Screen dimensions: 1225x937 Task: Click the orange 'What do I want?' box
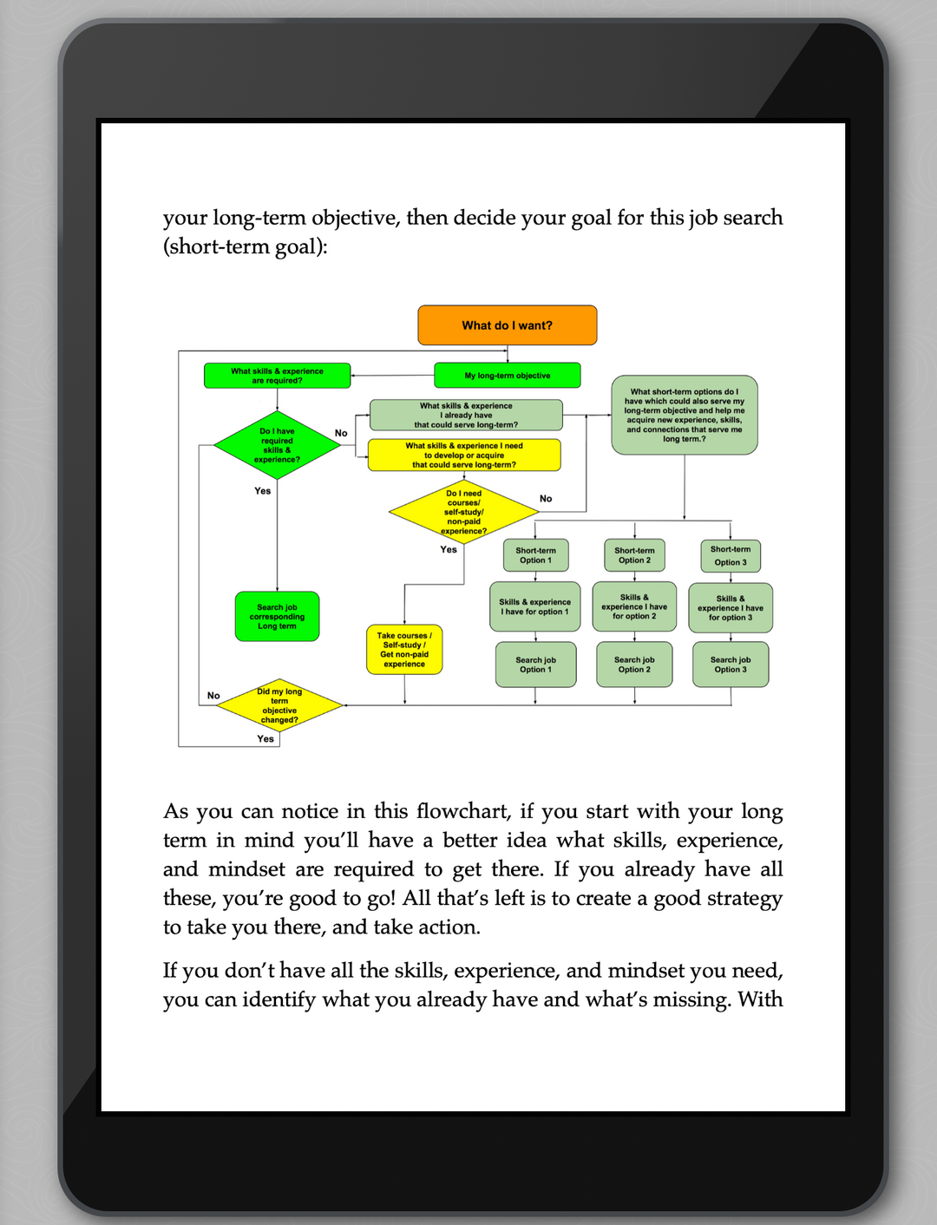(x=507, y=325)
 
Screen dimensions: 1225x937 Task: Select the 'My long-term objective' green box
(x=507, y=376)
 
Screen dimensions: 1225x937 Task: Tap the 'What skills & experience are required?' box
(x=277, y=376)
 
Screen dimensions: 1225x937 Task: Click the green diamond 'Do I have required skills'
(x=277, y=445)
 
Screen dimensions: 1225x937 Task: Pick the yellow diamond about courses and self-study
(x=464, y=512)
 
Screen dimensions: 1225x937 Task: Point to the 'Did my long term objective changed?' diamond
(x=279, y=705)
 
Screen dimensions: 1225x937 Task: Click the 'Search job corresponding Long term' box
(x=277, y=617)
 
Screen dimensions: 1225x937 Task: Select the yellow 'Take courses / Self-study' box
(x=404, y=650)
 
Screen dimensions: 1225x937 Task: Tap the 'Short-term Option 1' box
(x=535, y=555)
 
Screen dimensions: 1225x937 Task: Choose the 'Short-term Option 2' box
(x=634, y=555)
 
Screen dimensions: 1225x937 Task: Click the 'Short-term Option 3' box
(x=731, y=555)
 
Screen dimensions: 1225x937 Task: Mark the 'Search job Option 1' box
(x=535, y=665)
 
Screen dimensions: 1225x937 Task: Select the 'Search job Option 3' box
(x=731, y=665)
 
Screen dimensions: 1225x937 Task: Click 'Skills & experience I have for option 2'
(x=634, y=606)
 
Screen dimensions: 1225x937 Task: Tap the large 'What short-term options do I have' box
(x=684, y=415)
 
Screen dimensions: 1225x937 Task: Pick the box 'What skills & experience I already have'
(x=466, y=415)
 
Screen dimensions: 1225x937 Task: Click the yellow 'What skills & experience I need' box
(x=464, y=455)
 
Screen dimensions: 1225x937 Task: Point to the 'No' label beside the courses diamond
(x=546, y=499)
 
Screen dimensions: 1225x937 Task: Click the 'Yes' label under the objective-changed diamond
(x=265, y=739)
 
